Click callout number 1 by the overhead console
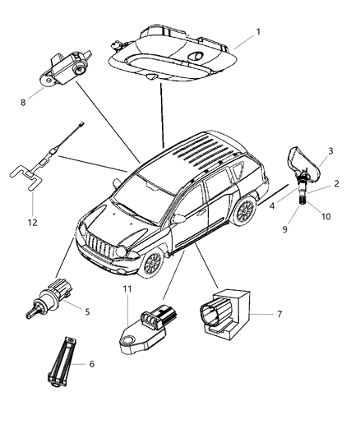(x=258, y=32)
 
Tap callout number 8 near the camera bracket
(x=23, y=103)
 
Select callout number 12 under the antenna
(x=32, y=223)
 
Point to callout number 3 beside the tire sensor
(x=330, y=151)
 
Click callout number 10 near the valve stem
(x=325, y=216)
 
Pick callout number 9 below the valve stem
(x=285, y=229)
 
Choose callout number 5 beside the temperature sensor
(x=87, y=311)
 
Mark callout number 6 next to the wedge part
(x=91, y=364)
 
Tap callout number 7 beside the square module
(x=279, y=314)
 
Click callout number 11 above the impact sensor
(x=127, y=288)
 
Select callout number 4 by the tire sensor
(x=272, y=206)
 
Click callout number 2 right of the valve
(x=337, y=183)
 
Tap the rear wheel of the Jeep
(x=245, y=211)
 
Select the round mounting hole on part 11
(x=128, y=340)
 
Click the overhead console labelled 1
(x=173, y=53)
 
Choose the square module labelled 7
(x=225, y=314)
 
